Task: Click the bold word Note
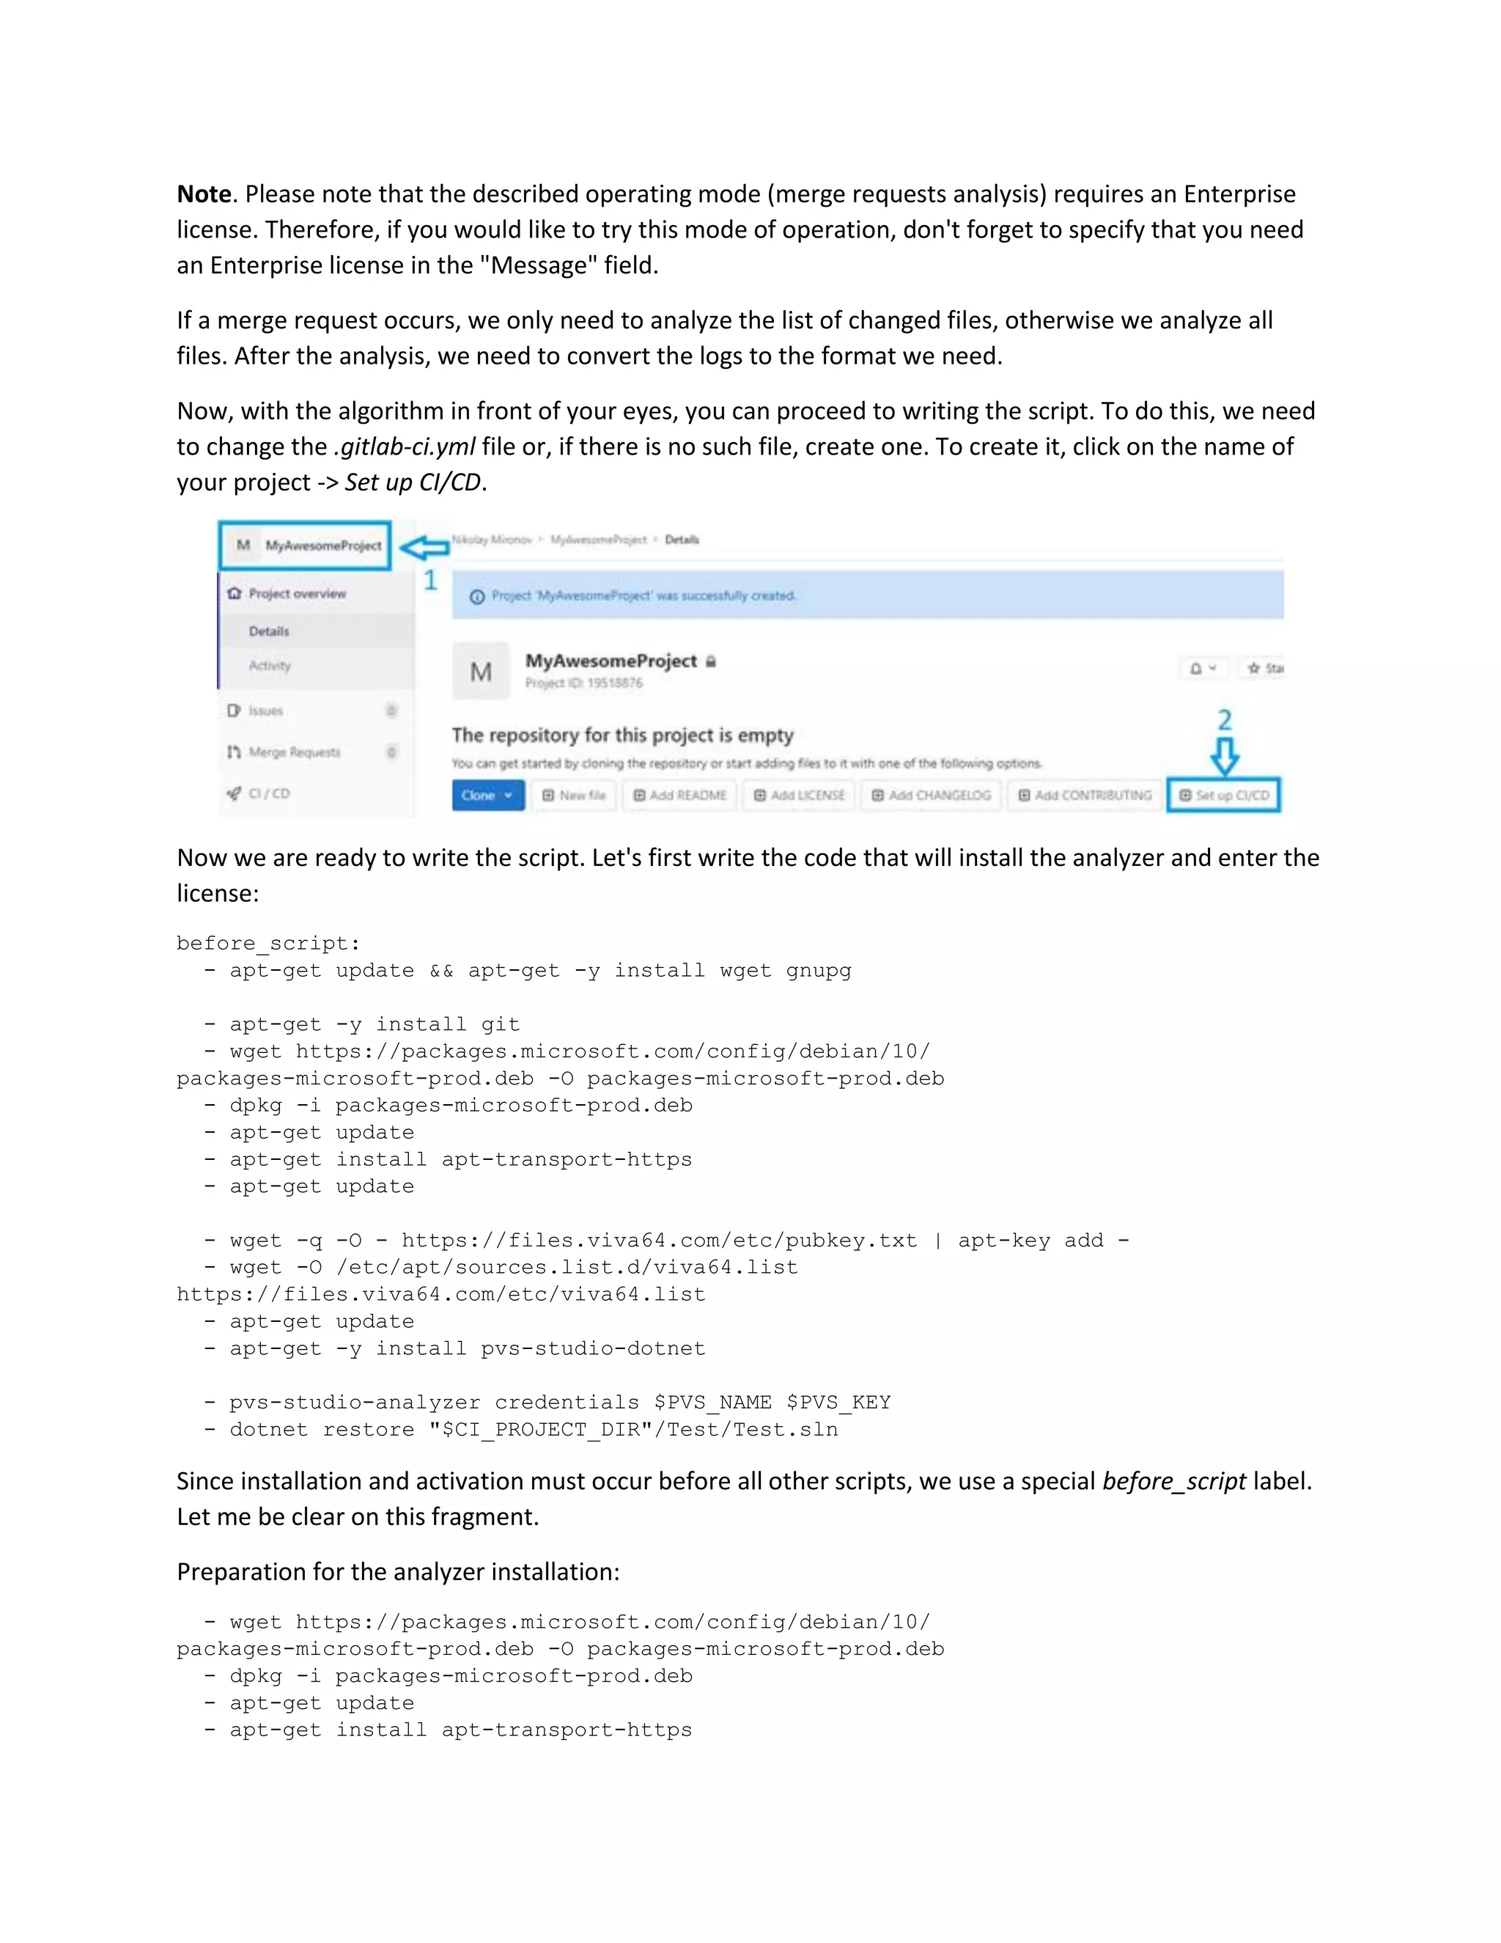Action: (x=204, y=194)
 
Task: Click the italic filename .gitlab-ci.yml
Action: (x=404, y=447)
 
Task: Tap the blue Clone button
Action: (x=487, y=796)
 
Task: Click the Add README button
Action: (x=679, y=796)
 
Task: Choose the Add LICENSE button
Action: (x=800, y=796)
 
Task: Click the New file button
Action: (x=575, y=796)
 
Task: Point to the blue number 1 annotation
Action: (x=430, y=581)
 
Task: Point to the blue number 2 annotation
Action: (x=1225, y=719)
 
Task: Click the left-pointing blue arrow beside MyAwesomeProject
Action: (x=424, y=547)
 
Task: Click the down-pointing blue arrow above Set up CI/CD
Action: (x=1225, y=755)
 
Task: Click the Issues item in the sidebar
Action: (x=265, y=710)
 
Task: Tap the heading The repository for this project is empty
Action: (x=622, y=735)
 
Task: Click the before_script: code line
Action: (x=268, y=943)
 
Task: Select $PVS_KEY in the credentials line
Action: (x=838, y=1403)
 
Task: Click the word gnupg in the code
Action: (x=818, y=971)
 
